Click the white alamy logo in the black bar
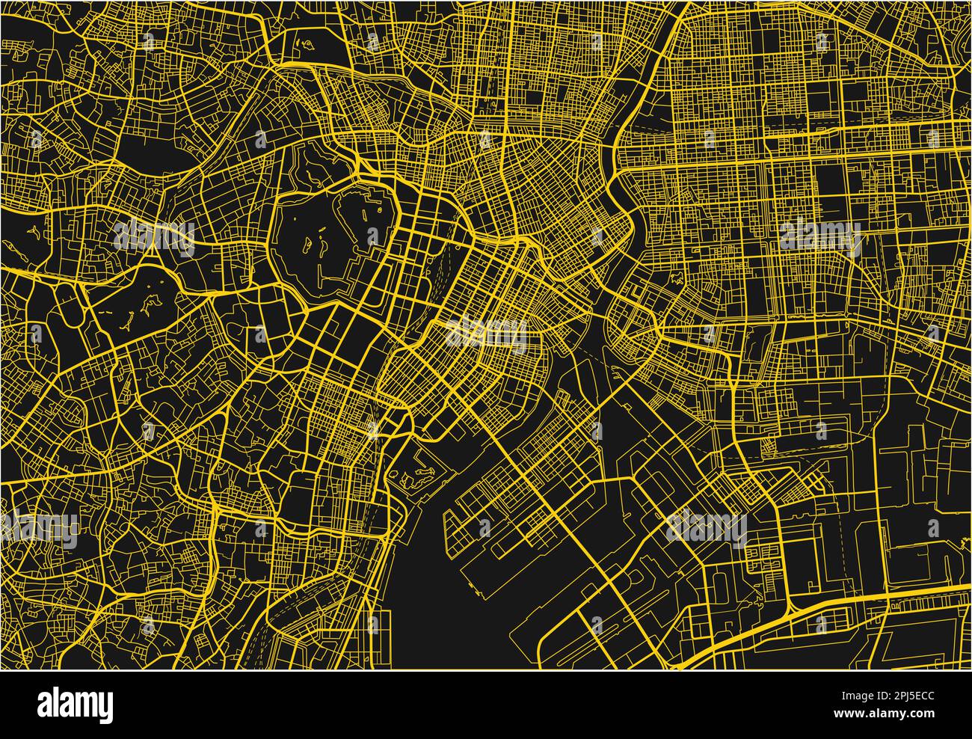click(75, 704)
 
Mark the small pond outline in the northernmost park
click(304, 46)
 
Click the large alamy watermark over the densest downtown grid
click(486, 334)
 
